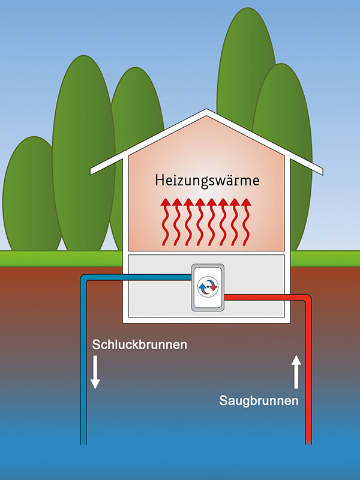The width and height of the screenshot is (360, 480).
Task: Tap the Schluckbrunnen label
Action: pos(139,345)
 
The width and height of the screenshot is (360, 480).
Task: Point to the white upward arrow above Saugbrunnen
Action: pos(296,370)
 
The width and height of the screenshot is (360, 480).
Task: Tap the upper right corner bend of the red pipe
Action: pos(307,298)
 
